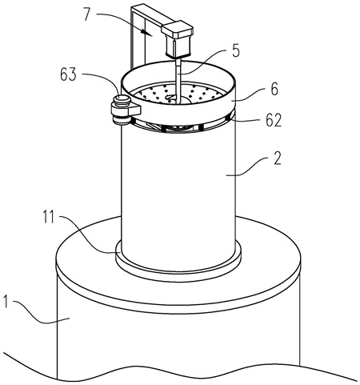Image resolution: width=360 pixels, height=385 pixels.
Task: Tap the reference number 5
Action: tap(235, 50)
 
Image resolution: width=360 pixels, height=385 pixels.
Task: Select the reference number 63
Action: tap(68, 74)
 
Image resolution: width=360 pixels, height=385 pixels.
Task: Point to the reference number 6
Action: tap(274, 89)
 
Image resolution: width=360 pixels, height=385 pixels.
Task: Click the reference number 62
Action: tap(274, 120)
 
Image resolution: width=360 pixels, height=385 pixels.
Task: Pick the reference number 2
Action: tap(277, 158)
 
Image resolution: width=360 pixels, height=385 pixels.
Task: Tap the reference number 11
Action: tap(50, 217)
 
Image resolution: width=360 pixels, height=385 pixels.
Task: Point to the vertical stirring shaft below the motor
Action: tap(178, 80)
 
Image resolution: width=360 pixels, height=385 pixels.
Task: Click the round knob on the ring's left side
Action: tap(122, 110)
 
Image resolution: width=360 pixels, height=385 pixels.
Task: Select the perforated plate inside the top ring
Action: tap(178, 94)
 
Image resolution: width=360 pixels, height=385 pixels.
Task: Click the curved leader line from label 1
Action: tap(40, 315)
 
